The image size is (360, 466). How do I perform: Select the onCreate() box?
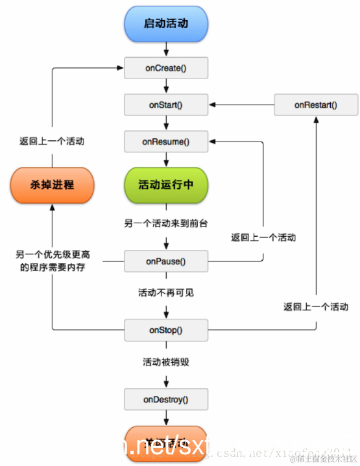pyautogui.click(x=166, y=67)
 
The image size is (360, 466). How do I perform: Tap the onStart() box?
pyautogui.click(x=166, y=104)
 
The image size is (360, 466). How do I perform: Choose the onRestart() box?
pyautogui.click(x=315, y=104)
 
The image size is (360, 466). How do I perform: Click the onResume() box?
pyautogui.click(x=166, y=140)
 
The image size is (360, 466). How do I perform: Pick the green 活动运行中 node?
pyautogui.click(x=166, y=184)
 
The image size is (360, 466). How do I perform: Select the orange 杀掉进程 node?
pyautogui.click(x=52, y=184)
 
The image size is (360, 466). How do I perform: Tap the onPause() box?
pyautogui.click(x=166, y=262)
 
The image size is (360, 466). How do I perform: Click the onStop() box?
pyautogui.click(x=166, y=330)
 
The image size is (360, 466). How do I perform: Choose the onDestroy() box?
pyautogui.click(x=166, y=399)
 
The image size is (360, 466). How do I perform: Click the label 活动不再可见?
pyautogui.click(x=166, y=293)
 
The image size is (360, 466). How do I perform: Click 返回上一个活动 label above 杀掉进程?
pyautogui.click(x=52, y=140)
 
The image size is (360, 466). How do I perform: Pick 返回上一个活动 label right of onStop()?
pyautogui.click(x=315, y=306)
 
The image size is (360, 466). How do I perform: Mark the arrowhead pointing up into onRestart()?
pyautogui.click(x=315, y=119)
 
